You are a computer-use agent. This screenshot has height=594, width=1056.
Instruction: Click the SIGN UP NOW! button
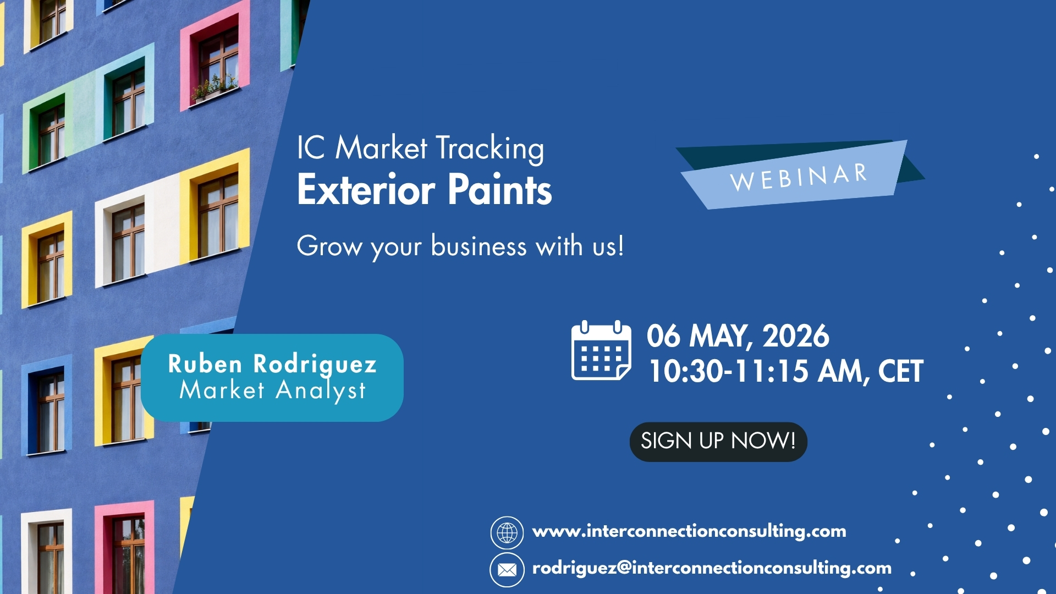(718, 442)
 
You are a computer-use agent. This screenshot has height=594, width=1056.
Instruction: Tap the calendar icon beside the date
(601, 350)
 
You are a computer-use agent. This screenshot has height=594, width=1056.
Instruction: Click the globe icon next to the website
(507, 532)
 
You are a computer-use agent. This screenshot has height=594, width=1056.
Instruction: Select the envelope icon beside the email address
(507, 570)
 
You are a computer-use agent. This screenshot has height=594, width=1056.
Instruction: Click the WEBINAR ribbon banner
(800, 175)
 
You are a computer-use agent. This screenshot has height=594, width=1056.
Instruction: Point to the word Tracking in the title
(490, 148)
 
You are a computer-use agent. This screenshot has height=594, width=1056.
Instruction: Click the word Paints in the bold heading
(499, 190)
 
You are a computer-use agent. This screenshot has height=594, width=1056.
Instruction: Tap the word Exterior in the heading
(366, 190)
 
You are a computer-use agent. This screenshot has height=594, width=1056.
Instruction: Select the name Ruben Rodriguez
(272, 365)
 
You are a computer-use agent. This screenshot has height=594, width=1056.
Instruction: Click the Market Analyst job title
(272, 391)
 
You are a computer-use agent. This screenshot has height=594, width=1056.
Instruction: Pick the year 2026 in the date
(796, 336)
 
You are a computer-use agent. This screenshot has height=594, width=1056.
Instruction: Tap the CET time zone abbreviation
(901, 371)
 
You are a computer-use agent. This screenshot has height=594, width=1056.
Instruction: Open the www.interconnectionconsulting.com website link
(689, 531)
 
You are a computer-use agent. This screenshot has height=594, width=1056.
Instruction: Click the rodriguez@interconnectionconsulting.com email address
(712, 568)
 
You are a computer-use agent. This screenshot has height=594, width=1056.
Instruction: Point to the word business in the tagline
(479, 246)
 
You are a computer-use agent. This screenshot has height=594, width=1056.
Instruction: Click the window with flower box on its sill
(215, 63)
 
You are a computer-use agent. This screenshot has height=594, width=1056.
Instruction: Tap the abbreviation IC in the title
(311, 148)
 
